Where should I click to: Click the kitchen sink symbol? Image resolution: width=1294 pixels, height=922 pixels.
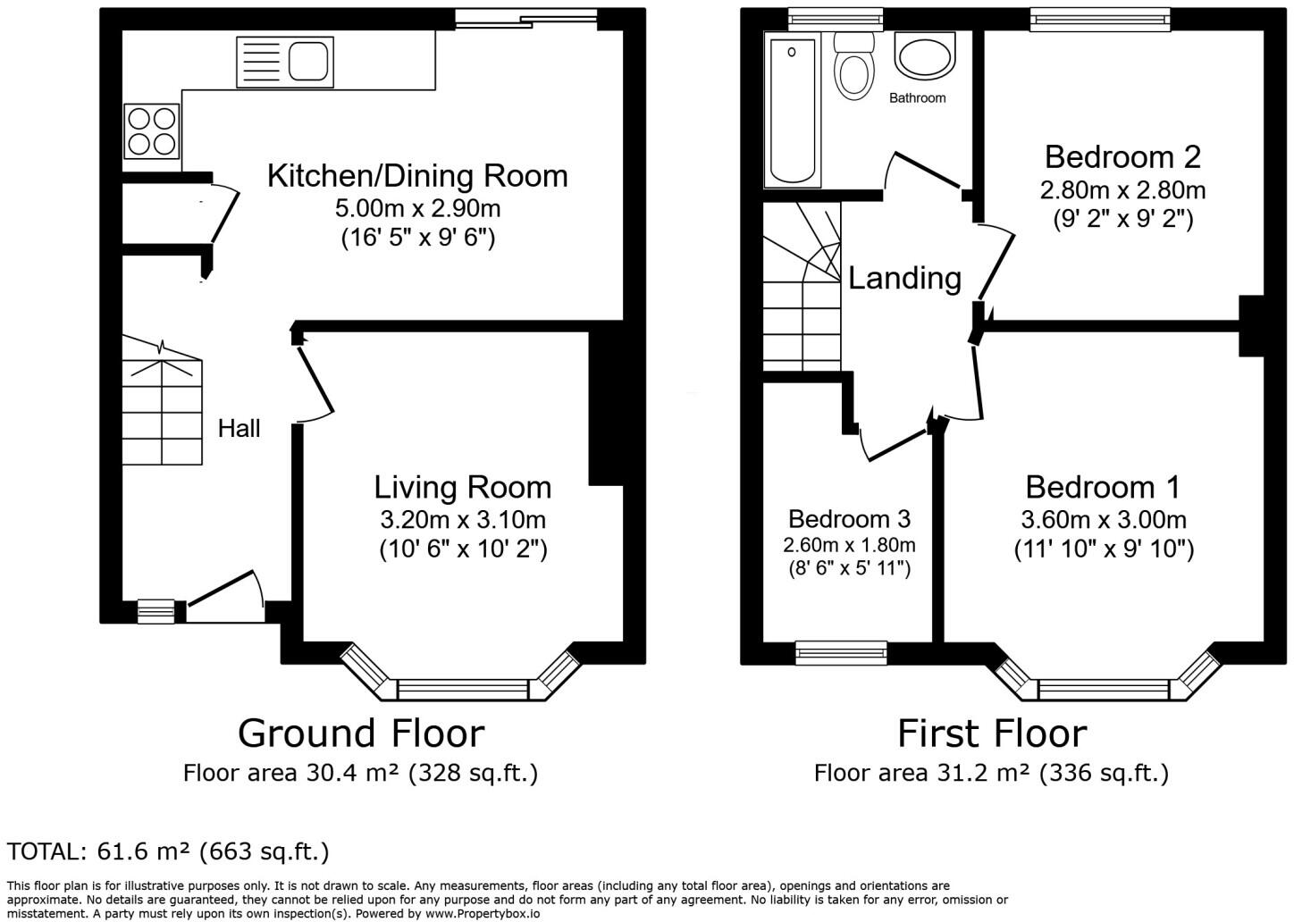284,62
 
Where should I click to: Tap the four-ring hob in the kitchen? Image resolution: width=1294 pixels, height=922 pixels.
151,130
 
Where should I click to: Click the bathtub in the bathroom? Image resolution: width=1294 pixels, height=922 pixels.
791,111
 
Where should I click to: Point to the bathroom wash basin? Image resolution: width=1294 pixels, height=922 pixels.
925,57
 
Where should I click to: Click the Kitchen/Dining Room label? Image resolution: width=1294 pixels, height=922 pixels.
417,176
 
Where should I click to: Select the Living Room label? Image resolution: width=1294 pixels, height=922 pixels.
462,488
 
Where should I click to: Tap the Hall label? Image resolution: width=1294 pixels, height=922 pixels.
239,429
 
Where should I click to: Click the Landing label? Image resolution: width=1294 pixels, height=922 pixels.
904,278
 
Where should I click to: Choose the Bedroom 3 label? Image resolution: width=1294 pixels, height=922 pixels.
849,519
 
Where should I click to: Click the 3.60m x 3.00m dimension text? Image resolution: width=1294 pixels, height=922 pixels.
1104,520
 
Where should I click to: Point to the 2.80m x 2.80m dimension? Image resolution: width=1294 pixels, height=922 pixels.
1122,190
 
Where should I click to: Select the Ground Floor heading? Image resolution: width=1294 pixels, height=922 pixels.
361,733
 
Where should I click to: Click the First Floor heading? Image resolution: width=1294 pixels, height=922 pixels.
992,733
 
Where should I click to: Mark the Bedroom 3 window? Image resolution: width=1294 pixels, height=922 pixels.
842,653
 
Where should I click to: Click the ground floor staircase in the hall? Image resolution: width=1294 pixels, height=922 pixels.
163,402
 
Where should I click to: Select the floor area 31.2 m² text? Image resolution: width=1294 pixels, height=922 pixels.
991,773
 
